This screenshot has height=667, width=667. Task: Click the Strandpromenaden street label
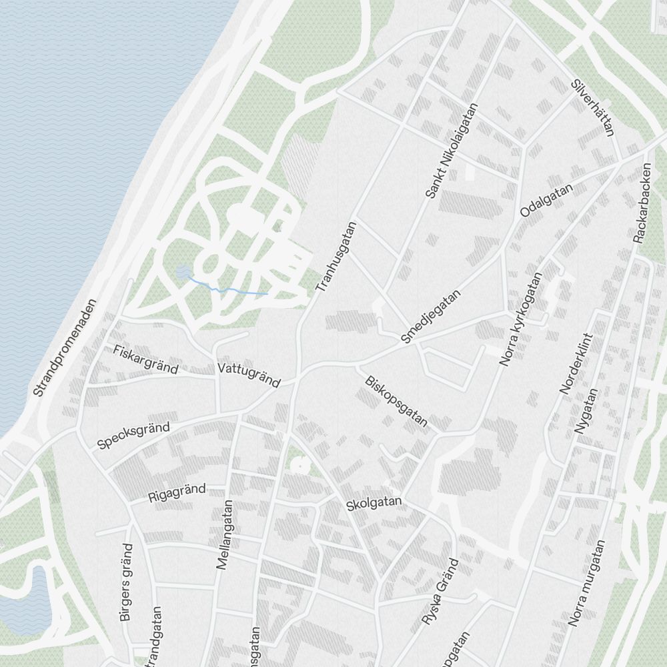tap(65, 348)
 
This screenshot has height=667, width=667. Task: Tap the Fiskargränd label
tap(145, 359)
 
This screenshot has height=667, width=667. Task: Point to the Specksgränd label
tap(133, 435)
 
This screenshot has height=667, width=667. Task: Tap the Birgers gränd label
tap(127, 582)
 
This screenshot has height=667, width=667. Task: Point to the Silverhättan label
tap(592, 107)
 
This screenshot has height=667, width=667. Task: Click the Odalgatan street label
tap(546, 201)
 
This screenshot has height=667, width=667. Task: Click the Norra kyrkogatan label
tap(521, 318)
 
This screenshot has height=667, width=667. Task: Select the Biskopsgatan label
tap(396, 401)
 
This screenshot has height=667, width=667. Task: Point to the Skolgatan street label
tap(374, 505)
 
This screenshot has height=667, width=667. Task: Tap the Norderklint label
tap(576, 364)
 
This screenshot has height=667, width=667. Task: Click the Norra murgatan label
tap(586, 583)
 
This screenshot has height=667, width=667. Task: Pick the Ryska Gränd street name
tap(441, 592)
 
